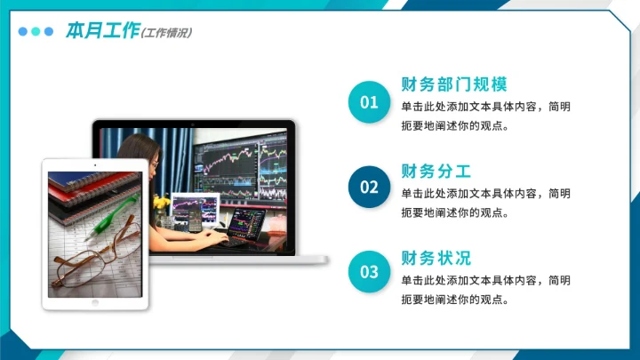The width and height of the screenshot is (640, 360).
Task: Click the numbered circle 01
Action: click(369, 102)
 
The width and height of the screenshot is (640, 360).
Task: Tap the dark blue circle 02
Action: click(369, 187)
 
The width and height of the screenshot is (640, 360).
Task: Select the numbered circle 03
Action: click(369, 271)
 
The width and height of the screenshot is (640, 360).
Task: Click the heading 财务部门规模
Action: click(454, 85)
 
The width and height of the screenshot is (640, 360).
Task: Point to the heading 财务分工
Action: click(436, 171)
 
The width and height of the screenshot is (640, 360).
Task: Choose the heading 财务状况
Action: click(436, 259)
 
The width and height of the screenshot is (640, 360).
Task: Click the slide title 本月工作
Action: click(102, 31)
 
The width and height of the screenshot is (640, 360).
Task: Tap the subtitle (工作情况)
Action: click(167, 33)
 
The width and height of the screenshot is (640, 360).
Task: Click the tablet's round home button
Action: click(95, 301)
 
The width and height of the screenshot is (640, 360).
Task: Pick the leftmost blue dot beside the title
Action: click(23, 31)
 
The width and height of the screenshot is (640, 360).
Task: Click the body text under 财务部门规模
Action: click(485, 116)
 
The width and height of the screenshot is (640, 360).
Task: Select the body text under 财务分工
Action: click(485, 202)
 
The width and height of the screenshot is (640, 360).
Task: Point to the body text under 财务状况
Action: click(485, 289)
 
